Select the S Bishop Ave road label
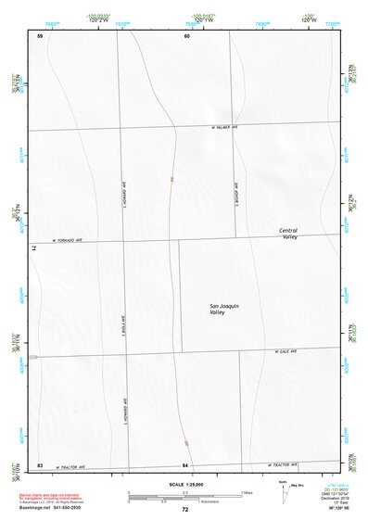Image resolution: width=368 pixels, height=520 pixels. point(237,193)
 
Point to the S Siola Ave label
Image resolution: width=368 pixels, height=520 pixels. point(123,330)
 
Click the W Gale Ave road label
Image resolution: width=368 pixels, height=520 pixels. point(285,351)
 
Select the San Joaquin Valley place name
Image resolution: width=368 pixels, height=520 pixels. point(224,311)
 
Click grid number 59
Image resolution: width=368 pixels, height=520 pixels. point(40,36)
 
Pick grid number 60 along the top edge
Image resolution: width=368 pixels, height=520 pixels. point(186,36)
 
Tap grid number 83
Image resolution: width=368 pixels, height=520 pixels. point(40,463)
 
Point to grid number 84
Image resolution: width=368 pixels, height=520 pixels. point(186,463)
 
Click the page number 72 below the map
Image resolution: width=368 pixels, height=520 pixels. point(185,509)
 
